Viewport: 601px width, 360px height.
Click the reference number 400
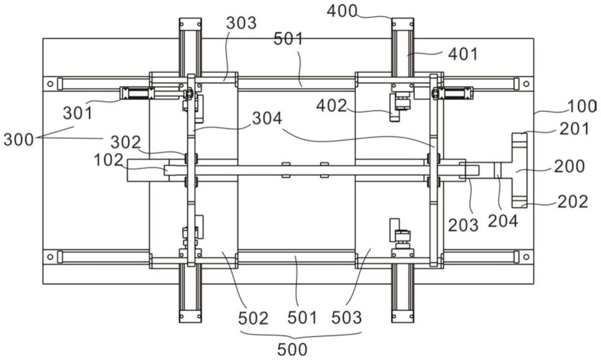[342, 11]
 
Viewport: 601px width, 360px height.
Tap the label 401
[463, 55]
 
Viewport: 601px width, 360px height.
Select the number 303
[241, 23]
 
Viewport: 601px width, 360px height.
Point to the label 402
[332, 106]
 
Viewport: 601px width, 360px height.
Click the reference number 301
[78, 114]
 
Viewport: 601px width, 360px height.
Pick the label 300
[19, 139]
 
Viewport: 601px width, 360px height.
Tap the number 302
[126, 142]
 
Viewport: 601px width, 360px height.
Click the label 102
[109, 160]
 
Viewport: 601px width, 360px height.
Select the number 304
[267, 119]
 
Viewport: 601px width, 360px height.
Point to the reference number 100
[582, 106]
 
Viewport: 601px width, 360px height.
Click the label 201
[574, 129]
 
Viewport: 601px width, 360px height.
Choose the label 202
[573, 202]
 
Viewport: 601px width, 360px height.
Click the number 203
[463, 225]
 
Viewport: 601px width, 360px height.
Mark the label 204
[503, 221]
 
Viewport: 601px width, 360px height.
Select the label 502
[253, 318]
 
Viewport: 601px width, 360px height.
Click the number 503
[347, 318]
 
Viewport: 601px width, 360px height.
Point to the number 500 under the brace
[293, 350]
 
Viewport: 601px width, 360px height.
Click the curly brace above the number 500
[301, 335]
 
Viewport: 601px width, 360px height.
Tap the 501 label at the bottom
[302, 318]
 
